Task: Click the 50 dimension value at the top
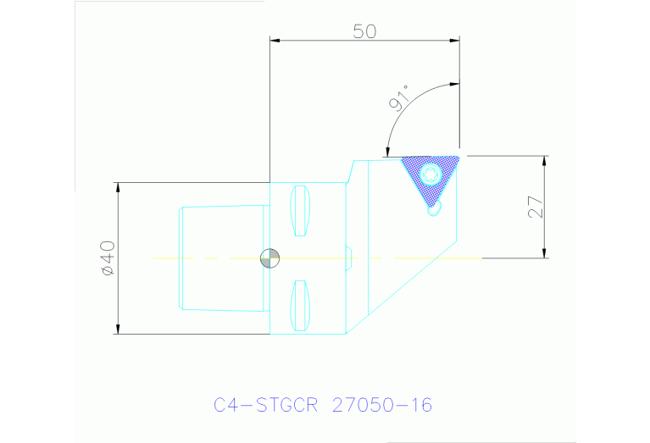click(x=364, y=31)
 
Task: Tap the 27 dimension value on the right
click(x=535, y=207)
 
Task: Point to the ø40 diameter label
click(x=107, y=257)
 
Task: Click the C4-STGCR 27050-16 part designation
click(x=323, y=405)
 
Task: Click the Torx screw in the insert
click(x=430, y=175)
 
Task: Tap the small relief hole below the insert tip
click(x=435, y=210)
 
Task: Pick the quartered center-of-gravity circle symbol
click(x=269, y=257)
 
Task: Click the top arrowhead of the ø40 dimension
click(x=117, y=187)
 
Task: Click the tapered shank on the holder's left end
click(x=220, y=257)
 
